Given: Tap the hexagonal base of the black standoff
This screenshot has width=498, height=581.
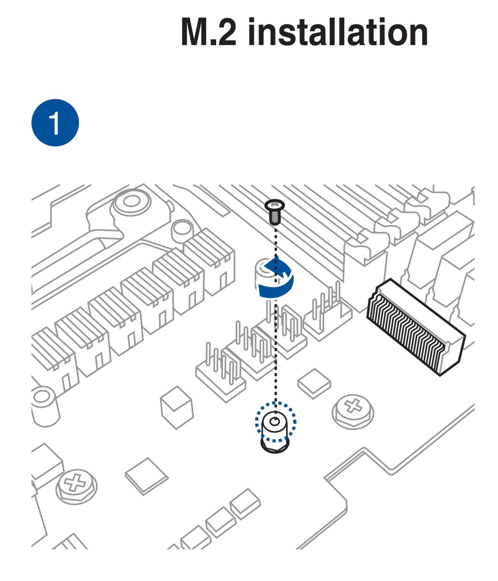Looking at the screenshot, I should coord(275,444).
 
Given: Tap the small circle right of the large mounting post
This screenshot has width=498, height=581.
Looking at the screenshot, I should coord(181,228).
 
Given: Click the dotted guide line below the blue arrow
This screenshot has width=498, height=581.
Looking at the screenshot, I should coord(275,356).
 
